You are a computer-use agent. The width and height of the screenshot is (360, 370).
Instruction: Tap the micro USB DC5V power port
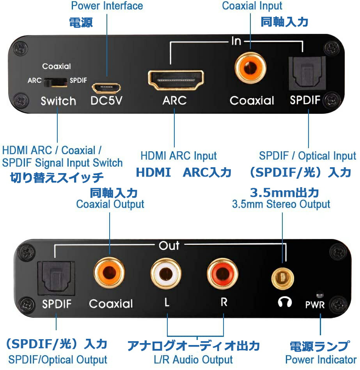point(106,86)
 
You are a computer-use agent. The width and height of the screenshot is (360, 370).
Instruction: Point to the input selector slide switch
point(55,81)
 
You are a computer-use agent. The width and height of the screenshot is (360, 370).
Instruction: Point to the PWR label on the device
point(315,304)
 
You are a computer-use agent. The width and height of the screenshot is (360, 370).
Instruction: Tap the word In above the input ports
point(236,41)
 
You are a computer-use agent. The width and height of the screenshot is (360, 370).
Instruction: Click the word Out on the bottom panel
point(169,245)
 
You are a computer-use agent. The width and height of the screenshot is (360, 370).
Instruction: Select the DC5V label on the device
point(106,100)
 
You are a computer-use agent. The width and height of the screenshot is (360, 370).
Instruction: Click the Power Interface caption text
point(106,6)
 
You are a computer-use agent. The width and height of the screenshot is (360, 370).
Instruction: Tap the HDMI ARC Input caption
point(178,156)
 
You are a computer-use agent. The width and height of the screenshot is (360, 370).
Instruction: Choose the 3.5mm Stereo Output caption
point(281,204)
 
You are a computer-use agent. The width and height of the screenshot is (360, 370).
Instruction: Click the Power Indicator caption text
point(321,359)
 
